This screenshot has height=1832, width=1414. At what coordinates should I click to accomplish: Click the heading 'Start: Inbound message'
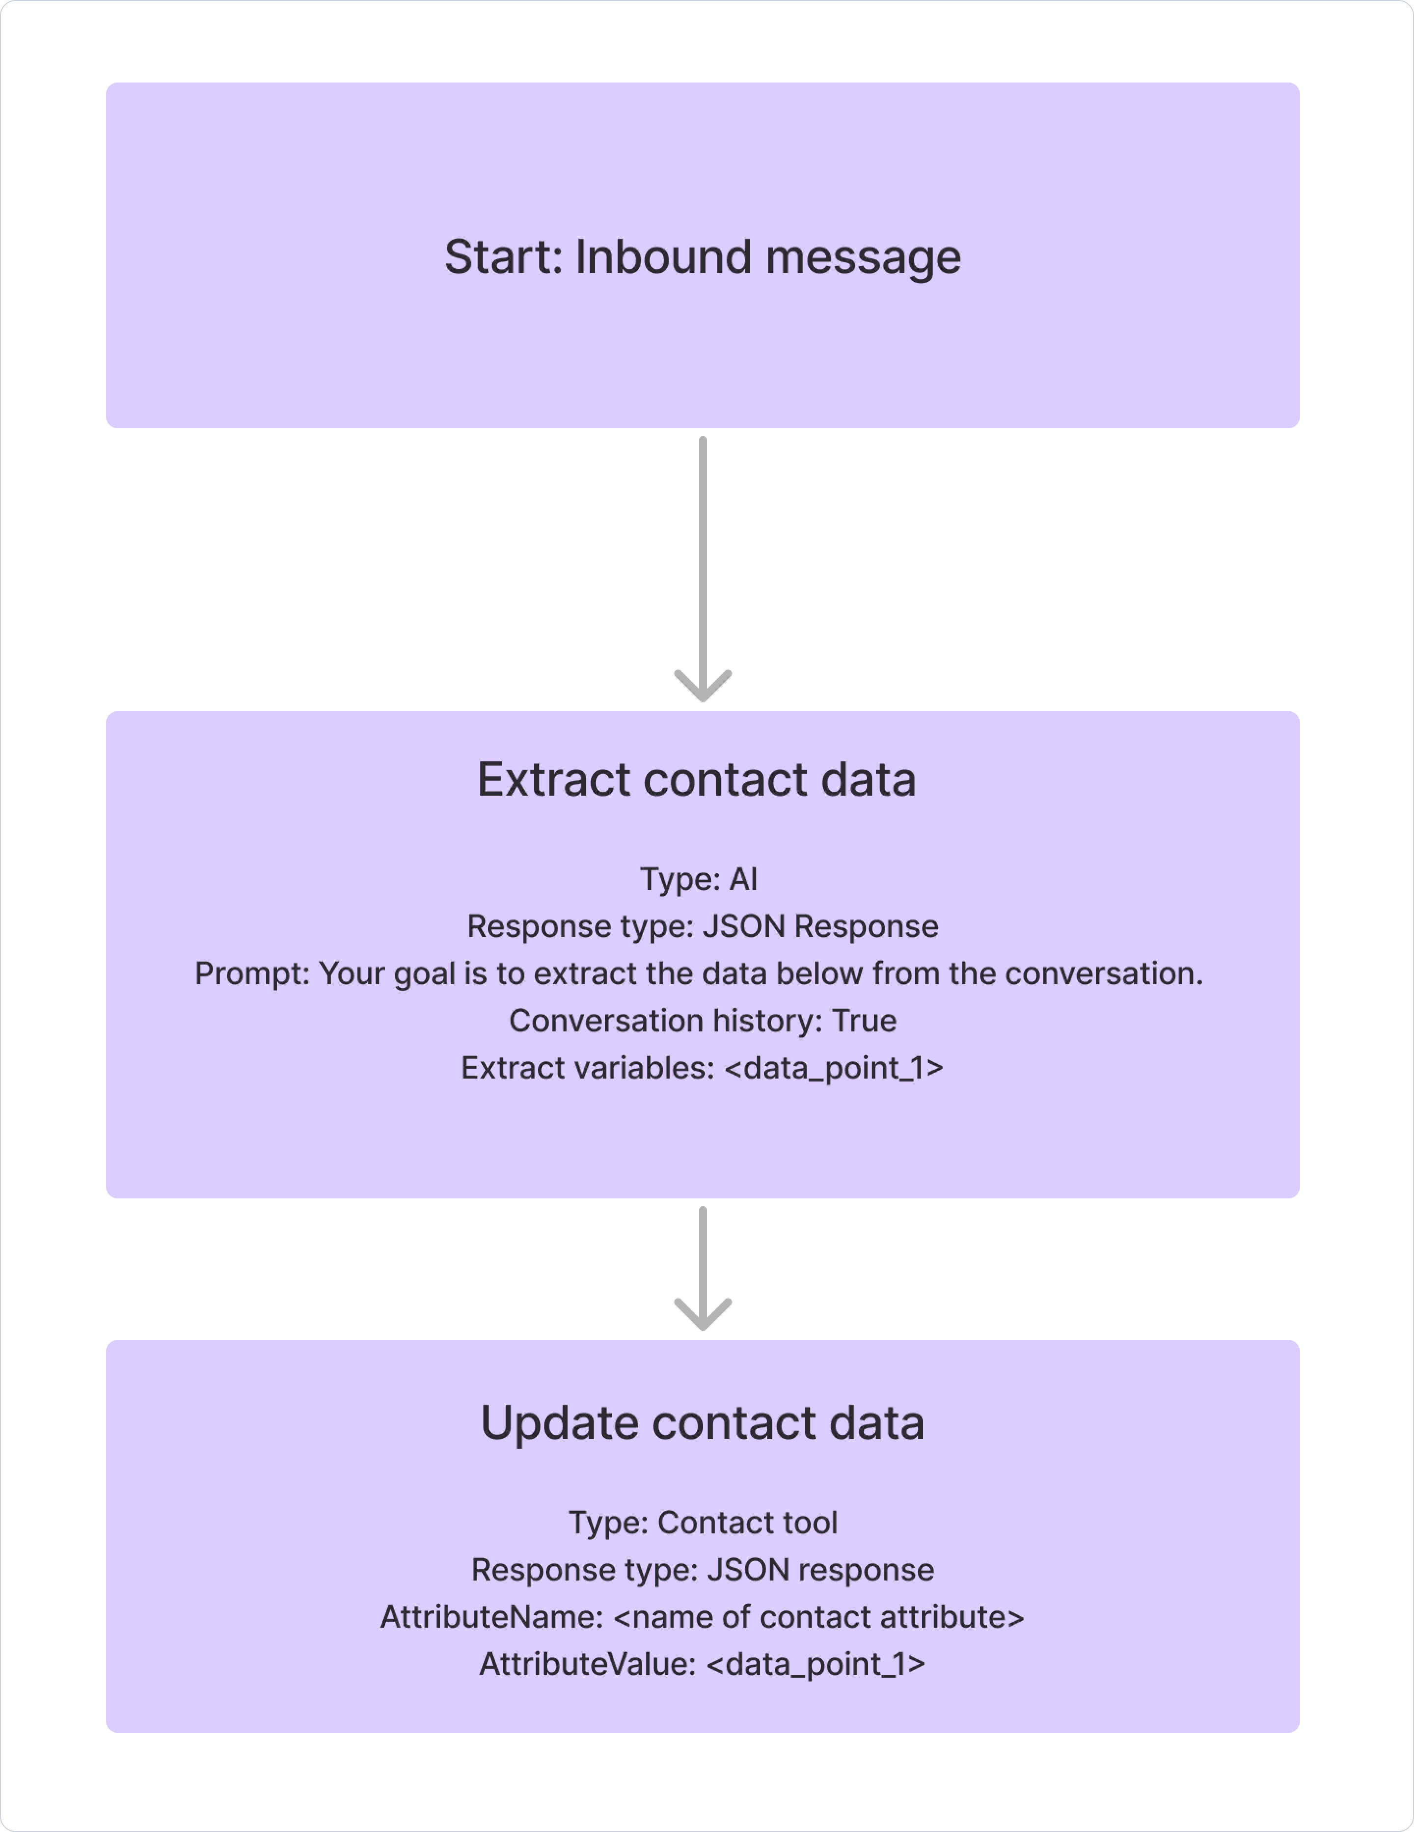703,257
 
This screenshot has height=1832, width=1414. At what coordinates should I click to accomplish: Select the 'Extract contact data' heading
697,779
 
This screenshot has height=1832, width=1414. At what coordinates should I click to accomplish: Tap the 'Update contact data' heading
703,1423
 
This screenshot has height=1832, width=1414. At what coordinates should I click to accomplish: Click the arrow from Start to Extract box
703,569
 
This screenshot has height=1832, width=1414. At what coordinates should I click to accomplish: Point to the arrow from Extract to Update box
703,1268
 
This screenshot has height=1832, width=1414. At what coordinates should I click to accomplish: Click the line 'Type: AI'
699,879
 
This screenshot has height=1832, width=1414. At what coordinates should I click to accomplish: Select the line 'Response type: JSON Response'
703,926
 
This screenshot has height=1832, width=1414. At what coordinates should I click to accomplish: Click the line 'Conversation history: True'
703,1020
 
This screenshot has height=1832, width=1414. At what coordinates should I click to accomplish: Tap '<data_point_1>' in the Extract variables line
834,1068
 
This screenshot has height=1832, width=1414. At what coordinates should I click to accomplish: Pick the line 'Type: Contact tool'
703,1523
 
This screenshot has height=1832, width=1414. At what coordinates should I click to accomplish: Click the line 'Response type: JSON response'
703,1569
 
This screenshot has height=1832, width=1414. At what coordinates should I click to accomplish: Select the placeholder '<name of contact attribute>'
819,1616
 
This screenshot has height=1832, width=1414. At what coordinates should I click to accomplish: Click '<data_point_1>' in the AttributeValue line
816,1664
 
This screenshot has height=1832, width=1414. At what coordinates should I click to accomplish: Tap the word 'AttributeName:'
491,1616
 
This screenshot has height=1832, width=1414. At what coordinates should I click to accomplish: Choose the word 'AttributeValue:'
588,1664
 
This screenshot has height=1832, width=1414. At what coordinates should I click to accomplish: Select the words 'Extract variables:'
587,1068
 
